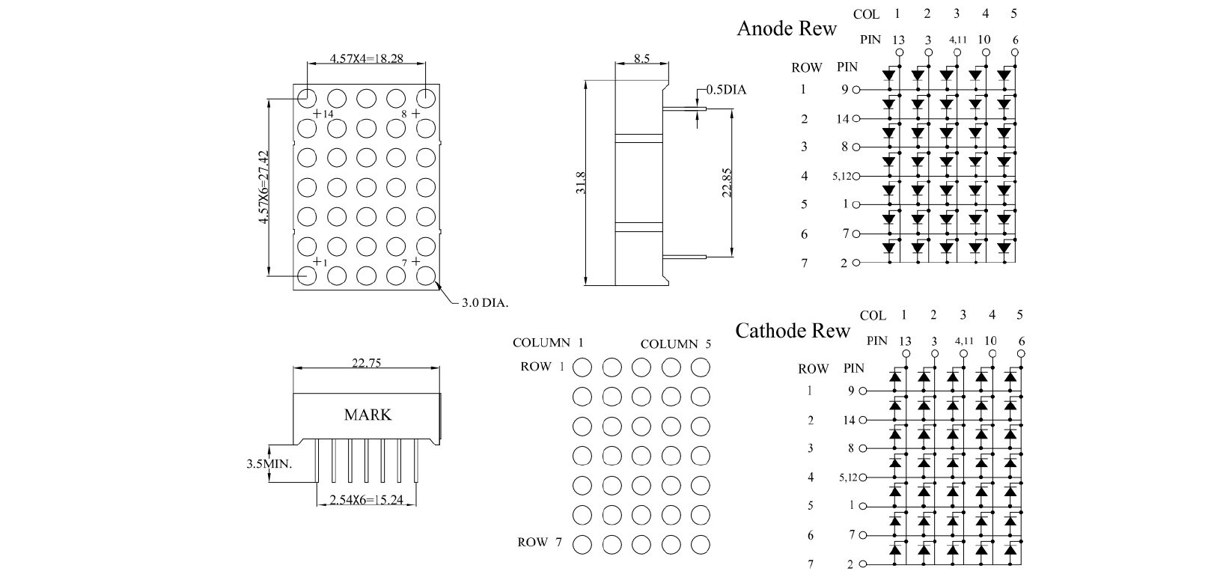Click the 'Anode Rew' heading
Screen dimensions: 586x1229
pyautogui.click(x=787, y=29)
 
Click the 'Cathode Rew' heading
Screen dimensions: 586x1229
pyautogui.click(x=793, y=331)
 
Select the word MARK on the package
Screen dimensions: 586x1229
pyautogui.click(x=368, y=415)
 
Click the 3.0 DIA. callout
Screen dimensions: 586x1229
pyautogui.click(x=484, y=303)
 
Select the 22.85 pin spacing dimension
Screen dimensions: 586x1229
pyautogui.click(x=726, y=183)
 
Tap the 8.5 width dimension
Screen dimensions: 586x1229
pyautogui.click(x=641, y=58)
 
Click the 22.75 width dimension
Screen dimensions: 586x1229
pyautogui.click(x=367, y=363)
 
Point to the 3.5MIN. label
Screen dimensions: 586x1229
pyautogui.click(x=269, y=464)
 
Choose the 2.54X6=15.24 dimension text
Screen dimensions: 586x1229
pyautogui.click(x=367, y=501)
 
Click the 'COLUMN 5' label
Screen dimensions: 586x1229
pyautogui.click(x=676, y=344)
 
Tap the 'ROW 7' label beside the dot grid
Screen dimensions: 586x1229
pyautogui.click(x=539, y=543)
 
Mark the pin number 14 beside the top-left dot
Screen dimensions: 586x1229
pyautogui.click(x=328, y=114)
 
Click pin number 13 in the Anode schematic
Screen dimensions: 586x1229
pyautogui.click(x=898, y=40)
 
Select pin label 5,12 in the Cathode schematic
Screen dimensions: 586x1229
pyautogui.click(x=848, y=477)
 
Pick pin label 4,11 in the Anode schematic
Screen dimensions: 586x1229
pyautogui.click(x=957, y=40)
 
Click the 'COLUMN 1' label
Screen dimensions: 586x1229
pyautogui.click(x=548, y=343)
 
